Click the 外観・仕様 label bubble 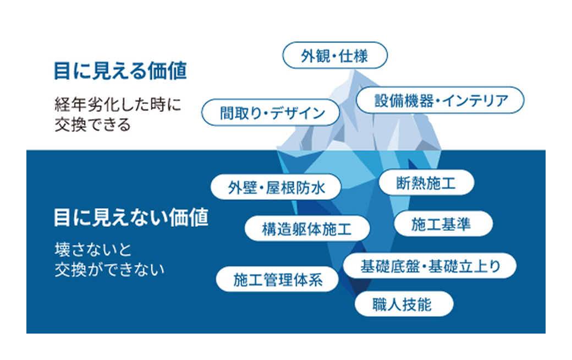click(334, 56)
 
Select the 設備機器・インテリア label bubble click(440, 101)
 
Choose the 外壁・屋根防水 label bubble click(276, 188)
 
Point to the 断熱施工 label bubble click(426, 183)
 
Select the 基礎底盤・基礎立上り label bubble click(430, 266)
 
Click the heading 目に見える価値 click(120, 70)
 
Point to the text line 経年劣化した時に click(117, 104)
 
